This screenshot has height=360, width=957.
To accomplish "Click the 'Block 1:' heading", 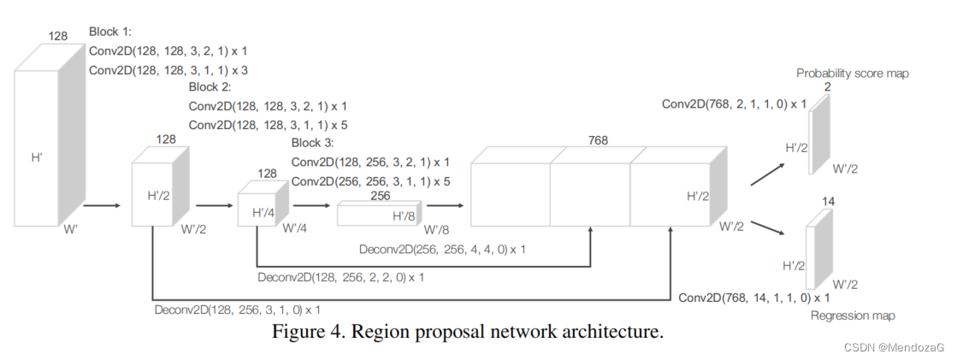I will [x=110, y=32].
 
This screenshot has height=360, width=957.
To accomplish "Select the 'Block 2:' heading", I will [x=210, y=87].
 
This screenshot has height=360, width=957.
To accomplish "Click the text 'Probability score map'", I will [x=852, y=74].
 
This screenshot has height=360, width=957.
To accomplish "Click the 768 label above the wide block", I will [x=598, y=139].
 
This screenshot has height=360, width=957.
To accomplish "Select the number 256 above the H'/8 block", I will [x=380, y=196].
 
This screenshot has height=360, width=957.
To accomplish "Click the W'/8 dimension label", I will [x=436, y=229].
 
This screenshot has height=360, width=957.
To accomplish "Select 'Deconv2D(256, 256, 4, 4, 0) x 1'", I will [x=443, y=250].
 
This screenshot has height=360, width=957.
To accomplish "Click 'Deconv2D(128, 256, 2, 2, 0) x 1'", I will [x=340, y=277].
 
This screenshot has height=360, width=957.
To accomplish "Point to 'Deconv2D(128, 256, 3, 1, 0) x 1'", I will [x=238, y=309].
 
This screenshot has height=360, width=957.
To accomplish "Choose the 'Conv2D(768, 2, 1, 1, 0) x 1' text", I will [x=734, y=103].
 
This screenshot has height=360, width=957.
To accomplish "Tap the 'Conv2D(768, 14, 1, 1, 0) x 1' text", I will [x=753, y=298].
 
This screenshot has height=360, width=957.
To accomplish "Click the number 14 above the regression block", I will [x=827, y=202].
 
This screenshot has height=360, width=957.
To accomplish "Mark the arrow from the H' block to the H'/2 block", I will [x=103, y=206].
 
